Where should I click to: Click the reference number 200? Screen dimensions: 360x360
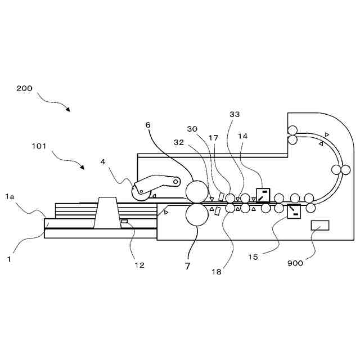click(24, 88)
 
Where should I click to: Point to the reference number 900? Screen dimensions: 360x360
click(295, 263)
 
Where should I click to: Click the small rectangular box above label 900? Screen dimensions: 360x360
click(320, 226)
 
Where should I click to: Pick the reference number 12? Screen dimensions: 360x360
click(138, 265)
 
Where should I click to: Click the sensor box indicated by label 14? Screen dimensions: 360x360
click(263, 193)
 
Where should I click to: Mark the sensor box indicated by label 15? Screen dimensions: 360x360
click(294, 211)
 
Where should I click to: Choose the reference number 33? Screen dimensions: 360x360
click(235, 114)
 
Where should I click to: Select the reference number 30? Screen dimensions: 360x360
click(192, 129)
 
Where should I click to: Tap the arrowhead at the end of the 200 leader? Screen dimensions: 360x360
click(67, 109)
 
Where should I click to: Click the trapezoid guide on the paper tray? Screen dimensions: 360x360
click(107, 213)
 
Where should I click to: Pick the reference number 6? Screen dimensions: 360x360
click(148, 125)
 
